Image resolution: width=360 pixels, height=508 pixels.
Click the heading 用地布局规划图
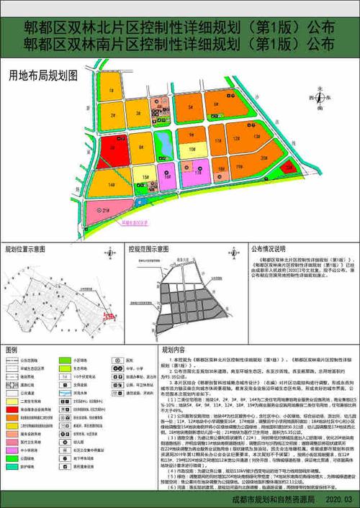point(42,74)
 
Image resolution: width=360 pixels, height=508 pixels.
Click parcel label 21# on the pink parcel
point(105,210)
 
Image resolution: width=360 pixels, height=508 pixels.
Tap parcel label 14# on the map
point(112,185)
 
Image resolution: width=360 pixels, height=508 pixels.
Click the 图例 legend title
point(12,349)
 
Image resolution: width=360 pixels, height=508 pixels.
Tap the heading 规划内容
point(163,349)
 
